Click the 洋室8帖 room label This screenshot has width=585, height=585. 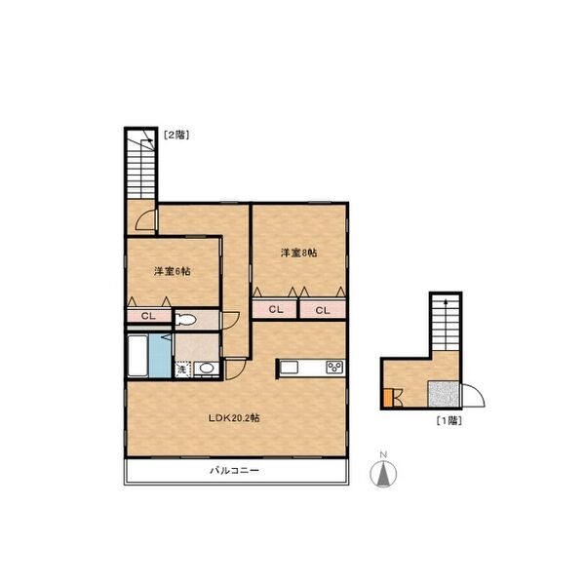299,253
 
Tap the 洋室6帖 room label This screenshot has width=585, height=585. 173,271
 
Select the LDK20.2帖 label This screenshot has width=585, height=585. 234,418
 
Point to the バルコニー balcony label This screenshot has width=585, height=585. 234,471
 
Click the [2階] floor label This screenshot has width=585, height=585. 176,135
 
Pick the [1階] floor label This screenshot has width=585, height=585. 449,421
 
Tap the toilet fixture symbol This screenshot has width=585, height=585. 186,320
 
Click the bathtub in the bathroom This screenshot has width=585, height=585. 137,356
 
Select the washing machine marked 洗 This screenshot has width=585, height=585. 182,370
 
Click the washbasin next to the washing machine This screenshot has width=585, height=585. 207,369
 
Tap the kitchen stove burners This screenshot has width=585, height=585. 335,368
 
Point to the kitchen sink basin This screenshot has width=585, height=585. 290,368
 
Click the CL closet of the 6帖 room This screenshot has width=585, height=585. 148,316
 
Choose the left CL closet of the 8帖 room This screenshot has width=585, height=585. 275,309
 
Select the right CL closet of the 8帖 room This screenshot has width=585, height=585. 323,310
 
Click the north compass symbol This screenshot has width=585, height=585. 383,471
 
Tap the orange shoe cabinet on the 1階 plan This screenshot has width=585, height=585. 388,398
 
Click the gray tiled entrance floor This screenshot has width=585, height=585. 444,394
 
